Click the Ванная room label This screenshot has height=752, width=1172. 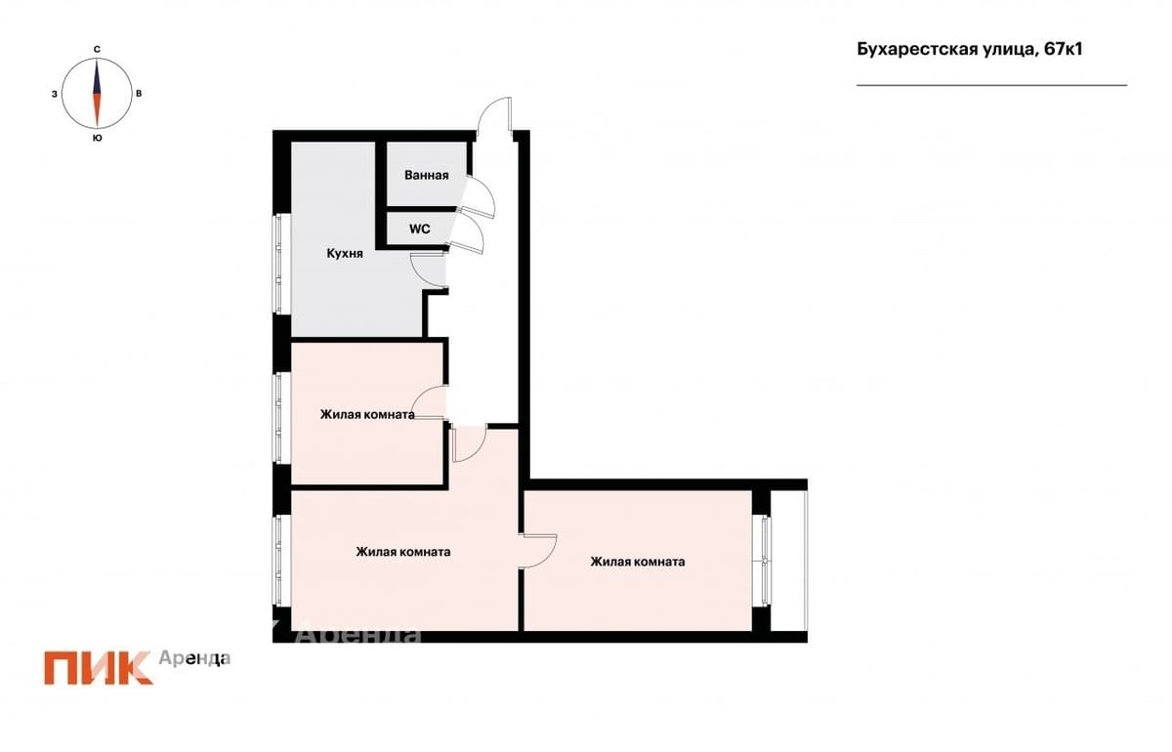[427, 175]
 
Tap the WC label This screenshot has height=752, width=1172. [420, 229]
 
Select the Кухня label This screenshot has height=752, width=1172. [345, 254]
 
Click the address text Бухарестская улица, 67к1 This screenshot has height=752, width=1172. [969, 49]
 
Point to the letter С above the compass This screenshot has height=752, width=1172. [97, 49]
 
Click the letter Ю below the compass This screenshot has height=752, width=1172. [97, 138]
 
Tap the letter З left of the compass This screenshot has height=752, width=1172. [55, 94]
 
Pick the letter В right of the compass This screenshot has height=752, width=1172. [139, 94]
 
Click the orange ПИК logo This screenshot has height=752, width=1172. [98, 668]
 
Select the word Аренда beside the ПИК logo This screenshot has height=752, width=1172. [194, 658]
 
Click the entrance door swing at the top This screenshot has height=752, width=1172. [494, 113]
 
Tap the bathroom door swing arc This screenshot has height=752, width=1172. [478, 197]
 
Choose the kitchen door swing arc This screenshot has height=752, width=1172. [429, 270]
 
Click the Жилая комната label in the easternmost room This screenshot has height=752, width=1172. [638, 562]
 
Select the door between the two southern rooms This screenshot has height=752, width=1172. [538, 551]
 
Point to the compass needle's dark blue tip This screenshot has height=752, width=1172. [97, 62]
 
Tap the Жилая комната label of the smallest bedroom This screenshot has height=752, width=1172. [367, 415]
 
